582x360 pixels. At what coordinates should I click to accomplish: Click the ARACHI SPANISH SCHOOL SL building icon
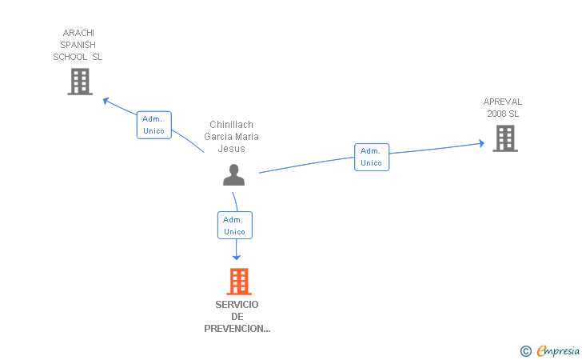(80, 82)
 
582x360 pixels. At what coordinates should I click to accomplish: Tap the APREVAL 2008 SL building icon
(505, 138)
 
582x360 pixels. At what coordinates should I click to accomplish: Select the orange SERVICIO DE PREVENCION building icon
(239, 282)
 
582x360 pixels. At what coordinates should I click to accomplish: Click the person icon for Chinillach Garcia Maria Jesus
(233, 174)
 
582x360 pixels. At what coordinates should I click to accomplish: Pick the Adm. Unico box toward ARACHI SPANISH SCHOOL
(154, 125)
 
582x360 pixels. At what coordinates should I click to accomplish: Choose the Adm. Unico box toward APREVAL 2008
(372, 157)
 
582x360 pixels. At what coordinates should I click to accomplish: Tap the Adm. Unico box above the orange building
(235, 225)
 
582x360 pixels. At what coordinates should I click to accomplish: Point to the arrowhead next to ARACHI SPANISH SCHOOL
(106, 101)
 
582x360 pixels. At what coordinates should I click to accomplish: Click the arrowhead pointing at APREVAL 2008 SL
(481, 143)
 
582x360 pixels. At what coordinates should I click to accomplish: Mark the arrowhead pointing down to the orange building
(237, 257)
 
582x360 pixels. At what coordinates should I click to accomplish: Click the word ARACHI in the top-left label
(78, 33)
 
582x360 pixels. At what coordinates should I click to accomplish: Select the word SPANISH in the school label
(78, 45)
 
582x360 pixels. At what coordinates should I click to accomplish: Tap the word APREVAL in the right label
(503, 102)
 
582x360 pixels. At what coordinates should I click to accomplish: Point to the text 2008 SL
(503, 114)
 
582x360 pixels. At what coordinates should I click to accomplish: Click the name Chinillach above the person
(231, 125)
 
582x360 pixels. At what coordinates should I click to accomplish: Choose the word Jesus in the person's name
(231, 149)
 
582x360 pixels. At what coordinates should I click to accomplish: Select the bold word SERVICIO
(237, 305)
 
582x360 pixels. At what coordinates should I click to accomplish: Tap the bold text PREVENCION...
(237, 329)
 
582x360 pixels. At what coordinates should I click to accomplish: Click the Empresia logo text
(558, 350)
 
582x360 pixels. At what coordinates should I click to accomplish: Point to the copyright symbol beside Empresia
(526, 351)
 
